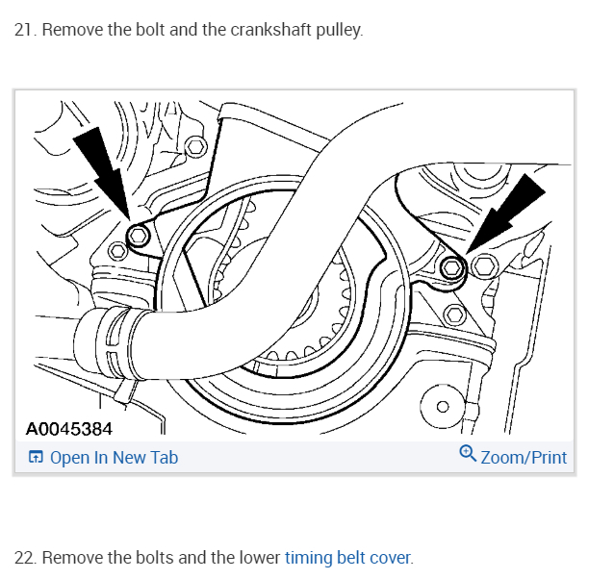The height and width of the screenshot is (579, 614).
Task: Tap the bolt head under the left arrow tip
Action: coord(140,236)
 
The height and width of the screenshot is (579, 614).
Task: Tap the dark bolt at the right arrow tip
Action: coord(451,266)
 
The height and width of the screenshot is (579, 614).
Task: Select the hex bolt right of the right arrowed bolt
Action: coord(484,266)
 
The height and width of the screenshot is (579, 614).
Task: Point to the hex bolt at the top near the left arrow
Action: coord(196,146)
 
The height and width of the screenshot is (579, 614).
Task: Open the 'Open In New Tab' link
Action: coord(114,458)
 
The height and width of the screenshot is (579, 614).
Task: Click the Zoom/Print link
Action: coord(524,458)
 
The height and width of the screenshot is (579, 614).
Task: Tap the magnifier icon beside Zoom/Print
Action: coord(468,454)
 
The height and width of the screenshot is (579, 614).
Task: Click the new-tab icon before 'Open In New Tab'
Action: coord(35,458)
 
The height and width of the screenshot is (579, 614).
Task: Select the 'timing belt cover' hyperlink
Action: coord(347,558)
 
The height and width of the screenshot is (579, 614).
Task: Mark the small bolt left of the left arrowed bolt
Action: coord(117,252)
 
